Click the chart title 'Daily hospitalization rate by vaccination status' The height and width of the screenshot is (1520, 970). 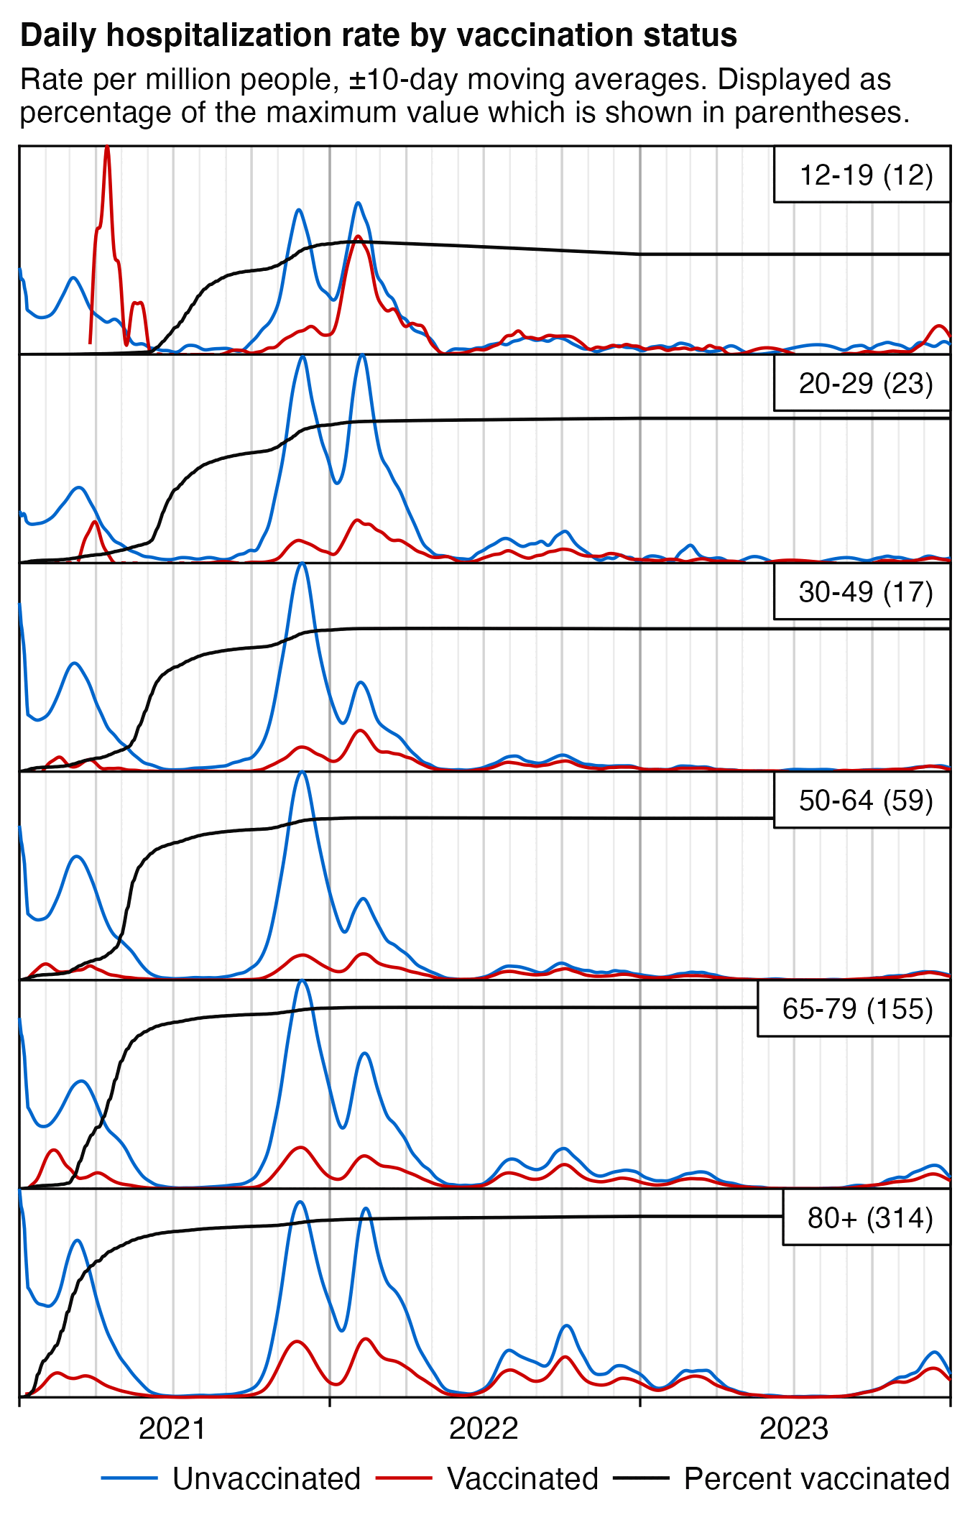pos(379,35)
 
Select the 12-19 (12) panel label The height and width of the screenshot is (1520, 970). pos(866,175)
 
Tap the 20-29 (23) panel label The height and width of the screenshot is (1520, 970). pos(866,383)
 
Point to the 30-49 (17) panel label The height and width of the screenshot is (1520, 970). pos(866,591)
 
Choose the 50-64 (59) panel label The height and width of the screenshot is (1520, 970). pos(866,800)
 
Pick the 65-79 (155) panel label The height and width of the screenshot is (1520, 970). pos(857,1008)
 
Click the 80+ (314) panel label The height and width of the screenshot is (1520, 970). pos(870,1217)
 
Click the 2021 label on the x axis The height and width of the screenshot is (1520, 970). pos(172,1429)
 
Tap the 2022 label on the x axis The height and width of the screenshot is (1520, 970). pos(484,1429)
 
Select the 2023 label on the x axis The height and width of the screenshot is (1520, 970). pos(794,1429)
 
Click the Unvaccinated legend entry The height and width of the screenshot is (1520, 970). pos(266,1479)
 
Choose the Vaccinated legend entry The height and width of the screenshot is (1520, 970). pos(522,1479)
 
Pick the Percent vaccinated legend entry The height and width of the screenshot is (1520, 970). pos(816,1479)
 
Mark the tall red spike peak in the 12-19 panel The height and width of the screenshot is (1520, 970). pos(107,147)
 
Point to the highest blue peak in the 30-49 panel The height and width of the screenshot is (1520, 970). pos(302,564)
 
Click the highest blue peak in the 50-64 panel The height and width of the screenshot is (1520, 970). pos(302,773)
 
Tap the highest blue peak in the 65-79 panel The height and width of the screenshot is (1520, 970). pos(302,981)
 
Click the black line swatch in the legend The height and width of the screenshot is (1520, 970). pos(641,1478)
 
